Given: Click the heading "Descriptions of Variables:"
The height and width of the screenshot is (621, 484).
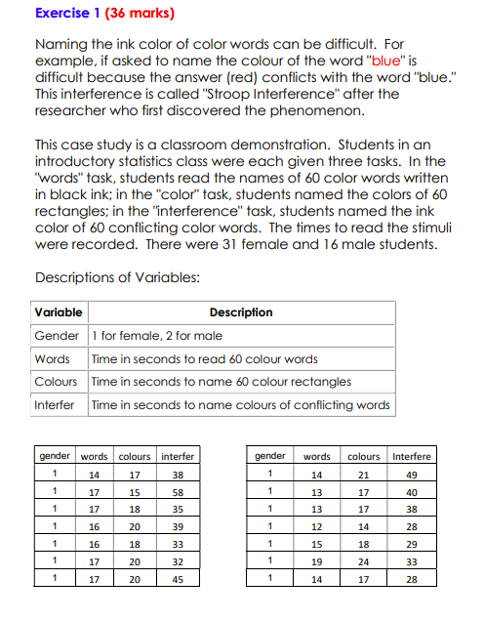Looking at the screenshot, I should (x=118, y=277).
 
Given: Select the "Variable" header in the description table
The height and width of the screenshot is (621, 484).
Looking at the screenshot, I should (x=58, y=312).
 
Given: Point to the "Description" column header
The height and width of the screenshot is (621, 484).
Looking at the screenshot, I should (x=241, y=312).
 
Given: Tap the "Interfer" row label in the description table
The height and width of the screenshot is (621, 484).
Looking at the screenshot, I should (x=55, y=404).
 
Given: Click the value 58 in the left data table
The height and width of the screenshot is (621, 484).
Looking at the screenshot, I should (x=177, y=492).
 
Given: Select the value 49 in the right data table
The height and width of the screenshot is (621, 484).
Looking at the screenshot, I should (x=411, y=475).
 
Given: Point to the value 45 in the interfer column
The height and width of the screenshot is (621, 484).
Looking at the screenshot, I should (x=177, y=578).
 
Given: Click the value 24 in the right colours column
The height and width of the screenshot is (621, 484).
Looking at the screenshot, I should (x=364, y=561).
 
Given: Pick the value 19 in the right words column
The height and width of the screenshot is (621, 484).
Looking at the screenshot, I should (x=316, y=561).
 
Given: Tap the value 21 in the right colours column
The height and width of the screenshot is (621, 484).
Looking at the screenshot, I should (x=364, y=475).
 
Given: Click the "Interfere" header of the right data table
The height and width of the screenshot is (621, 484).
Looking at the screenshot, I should (x=411, y=456).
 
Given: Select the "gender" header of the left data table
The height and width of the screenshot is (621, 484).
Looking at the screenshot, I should (x=55, y=456).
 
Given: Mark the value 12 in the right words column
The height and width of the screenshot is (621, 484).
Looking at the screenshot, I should (x=316, y=526).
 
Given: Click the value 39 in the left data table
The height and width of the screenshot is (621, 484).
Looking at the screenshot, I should (x=177, y=526).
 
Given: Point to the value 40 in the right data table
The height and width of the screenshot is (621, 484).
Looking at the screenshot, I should (x=411, y=492).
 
